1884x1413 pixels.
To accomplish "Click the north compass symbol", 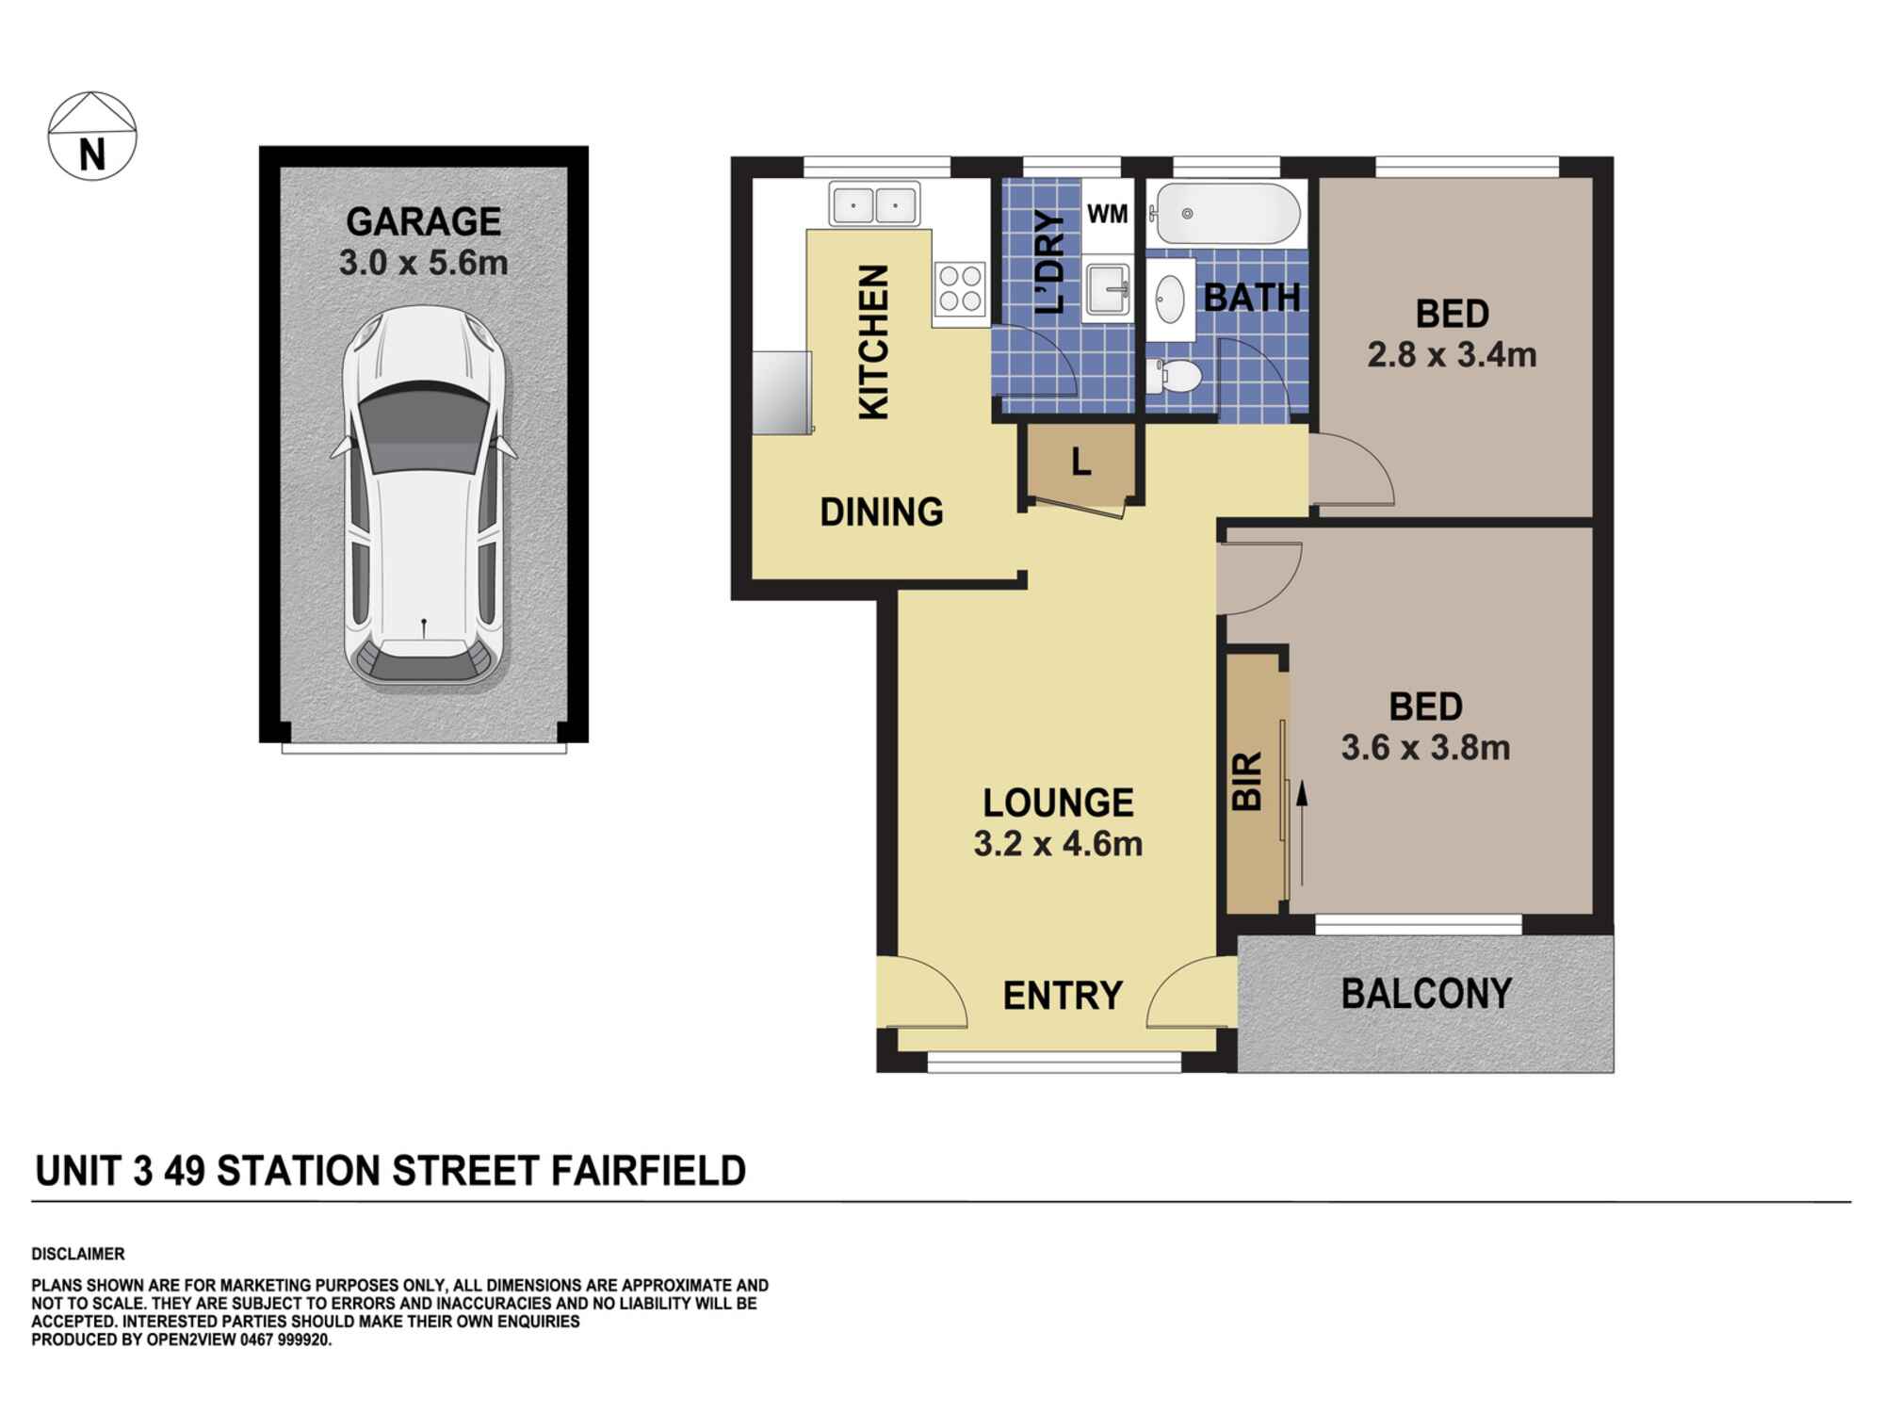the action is click(x=92, y=136).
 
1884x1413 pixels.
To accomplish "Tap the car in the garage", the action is click(x=424, y=495).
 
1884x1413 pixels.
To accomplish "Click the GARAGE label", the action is click(x=424, y=221).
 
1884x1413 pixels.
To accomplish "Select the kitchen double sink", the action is click(x=874, y=204).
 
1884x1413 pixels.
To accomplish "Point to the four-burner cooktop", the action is click(x=960, y=288).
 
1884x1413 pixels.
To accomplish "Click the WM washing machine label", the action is click(x=1107, y=214).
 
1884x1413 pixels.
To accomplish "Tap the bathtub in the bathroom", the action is click(x=1228, y=215).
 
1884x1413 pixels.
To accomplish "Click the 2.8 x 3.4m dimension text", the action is click(x=1452, y=355).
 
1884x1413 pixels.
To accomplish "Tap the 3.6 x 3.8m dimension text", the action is click(x=1425, y=748).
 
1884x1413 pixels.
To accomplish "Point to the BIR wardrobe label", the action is click(x=1246, y=781).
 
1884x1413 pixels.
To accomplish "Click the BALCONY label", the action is click(x=1426, y=994).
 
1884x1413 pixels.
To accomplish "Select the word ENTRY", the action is click(x=1063, y=996).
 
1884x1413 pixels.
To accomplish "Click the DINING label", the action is click(x=882, y=512).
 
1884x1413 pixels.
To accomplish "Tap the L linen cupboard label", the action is click(x=1081, y=463).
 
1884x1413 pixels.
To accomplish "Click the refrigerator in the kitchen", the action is click(x=782, y=392).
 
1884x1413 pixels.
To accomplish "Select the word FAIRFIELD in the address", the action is click(x=648, y=1171).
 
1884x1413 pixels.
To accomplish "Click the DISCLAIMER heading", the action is click(x=78, y=1254).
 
